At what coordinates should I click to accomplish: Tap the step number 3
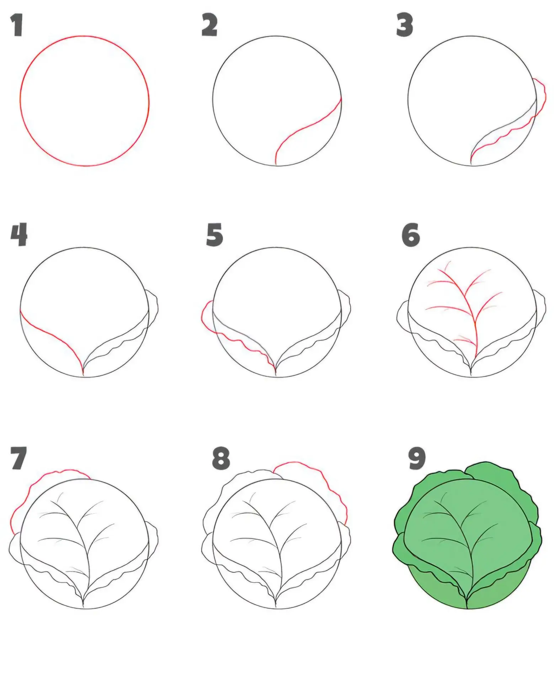(x=404, y=25)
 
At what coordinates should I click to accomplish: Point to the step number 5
(x=214, y=235)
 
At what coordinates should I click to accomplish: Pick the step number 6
(x=411, y=235)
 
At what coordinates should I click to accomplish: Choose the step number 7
(x=18, y=458)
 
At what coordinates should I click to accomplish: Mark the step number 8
(x=221, y=459)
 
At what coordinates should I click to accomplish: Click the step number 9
(x=417, y=458)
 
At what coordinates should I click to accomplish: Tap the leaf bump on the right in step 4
(x=152, y=309)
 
